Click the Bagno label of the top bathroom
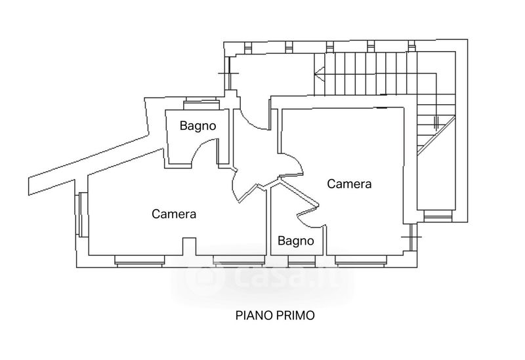[198, 126]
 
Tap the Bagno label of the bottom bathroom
[296, 241]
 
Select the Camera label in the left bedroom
[174, 214]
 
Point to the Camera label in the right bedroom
[349, 184]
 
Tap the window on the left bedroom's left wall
[81, 214]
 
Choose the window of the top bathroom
[201, 104]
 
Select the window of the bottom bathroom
[302, 261]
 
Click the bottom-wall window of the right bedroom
[360, 261]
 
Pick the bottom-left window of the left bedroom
[140, 261]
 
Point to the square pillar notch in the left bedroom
[189, 247]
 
